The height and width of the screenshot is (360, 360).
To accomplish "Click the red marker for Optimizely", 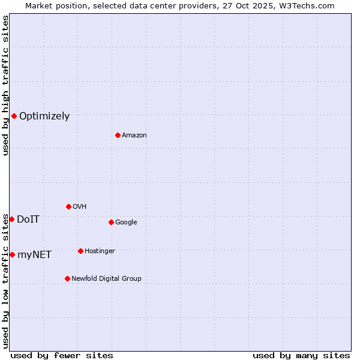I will [x=14, y=116].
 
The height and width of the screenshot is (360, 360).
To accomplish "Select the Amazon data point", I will [x=118, y=135].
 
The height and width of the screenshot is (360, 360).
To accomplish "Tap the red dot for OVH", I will [x=68, y=206].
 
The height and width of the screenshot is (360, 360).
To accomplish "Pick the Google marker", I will [x=111, y=222].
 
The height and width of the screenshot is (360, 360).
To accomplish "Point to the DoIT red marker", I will [x=11, y=219].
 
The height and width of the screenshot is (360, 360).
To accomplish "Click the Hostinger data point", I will [x=80, y=251].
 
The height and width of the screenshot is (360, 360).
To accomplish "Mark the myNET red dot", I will [x=12, y=254].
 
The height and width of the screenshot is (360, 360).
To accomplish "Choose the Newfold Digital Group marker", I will [x=67, y=278].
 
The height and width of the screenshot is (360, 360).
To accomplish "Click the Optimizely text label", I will [x=44, y=116].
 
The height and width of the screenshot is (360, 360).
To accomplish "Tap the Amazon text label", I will [x=134, y=136].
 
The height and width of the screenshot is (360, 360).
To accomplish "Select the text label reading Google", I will [x=126, y=223].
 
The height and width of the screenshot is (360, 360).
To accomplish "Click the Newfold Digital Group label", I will [x=106, y=279].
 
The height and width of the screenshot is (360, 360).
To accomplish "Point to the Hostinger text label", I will [x=100, y=251].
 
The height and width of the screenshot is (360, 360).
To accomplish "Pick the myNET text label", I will [x=34, y=255].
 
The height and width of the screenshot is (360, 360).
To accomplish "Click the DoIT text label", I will [x=28, y=220].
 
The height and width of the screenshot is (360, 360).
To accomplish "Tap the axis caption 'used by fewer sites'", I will [x=62, y=355].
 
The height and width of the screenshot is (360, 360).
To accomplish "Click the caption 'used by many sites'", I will [x=301, y=355].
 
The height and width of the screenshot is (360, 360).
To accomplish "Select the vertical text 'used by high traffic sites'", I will [x=5, y=85].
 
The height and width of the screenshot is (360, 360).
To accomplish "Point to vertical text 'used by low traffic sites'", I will [x=5, y=281].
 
